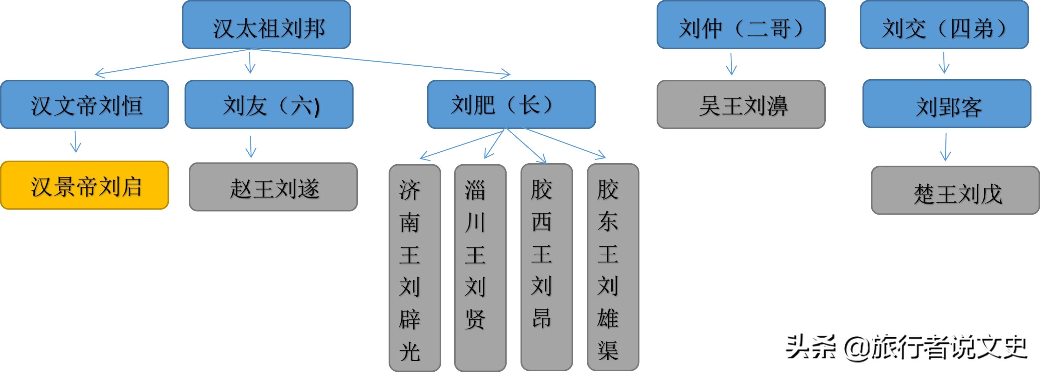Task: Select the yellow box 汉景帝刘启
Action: (85, 186)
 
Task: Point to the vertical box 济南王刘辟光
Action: (415, 268)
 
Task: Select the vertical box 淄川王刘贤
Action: (480, 268)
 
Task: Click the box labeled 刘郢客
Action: (947, 104)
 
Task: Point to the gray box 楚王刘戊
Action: (955, 190)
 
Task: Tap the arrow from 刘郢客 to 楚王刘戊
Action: (945, 148)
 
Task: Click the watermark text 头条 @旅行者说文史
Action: (906, 347)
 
